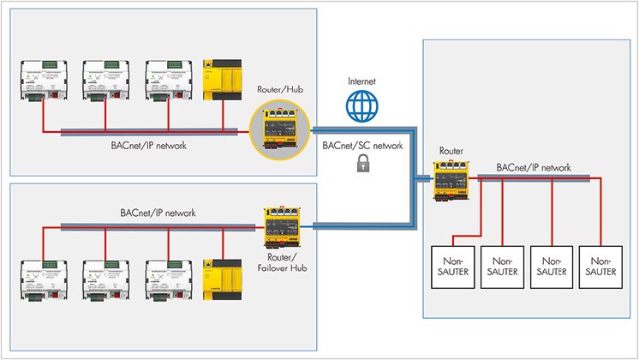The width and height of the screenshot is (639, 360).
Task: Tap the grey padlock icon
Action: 354,168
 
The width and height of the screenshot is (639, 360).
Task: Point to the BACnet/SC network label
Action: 361,147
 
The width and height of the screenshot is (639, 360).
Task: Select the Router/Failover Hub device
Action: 281,225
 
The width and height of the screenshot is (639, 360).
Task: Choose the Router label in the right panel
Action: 451,151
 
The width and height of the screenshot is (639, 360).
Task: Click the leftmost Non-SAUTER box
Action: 451,266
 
